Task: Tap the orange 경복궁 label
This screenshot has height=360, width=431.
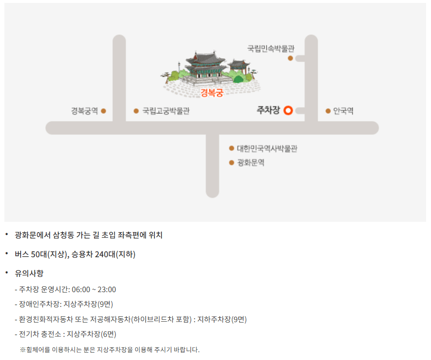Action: [212, 92]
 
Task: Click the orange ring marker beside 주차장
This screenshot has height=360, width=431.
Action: [288, 111]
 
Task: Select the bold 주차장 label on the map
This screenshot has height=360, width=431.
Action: [268, 111]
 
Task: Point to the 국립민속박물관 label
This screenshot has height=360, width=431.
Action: [270, 49]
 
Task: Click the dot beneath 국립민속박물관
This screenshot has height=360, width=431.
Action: [290, 58]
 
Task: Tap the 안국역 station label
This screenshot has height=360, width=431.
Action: [343, 111]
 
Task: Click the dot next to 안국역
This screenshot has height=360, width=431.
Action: [328, 111]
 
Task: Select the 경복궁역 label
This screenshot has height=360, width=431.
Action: [84, 111]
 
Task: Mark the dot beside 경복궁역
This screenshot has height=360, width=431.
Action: [103, 111]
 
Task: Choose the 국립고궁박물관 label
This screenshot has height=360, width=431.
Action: [166, 111]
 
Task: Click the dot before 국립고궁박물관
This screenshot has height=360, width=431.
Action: [136, 111]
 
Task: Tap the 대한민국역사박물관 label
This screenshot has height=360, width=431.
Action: [267, 148]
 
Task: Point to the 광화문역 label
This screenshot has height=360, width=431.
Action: [250, 163]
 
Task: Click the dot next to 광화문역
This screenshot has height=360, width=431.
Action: [232, 163]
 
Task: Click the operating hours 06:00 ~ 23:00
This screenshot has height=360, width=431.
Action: [93, 289]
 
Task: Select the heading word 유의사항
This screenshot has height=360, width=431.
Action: [29, 273]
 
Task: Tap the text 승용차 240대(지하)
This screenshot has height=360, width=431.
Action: [103, 254]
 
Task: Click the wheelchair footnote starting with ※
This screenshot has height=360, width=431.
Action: [110, 350]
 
